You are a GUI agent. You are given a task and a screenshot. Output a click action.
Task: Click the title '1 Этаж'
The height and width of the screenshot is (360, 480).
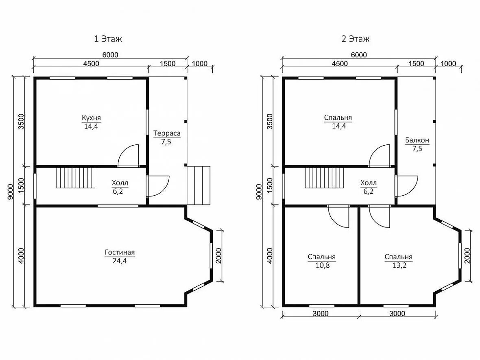tap(108, 39)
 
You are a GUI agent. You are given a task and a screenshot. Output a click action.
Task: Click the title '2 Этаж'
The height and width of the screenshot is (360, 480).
tap(356, 39)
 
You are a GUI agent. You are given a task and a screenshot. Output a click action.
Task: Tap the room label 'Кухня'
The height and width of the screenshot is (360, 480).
tap(91, 118)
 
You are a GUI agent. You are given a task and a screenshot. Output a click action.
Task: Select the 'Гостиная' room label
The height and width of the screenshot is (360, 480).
tap(120, 253)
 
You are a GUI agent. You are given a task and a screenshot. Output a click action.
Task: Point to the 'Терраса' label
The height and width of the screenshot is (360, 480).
tap(167, 133)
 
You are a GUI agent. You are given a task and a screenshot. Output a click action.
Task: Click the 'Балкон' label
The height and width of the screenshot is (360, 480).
tap(417, 140)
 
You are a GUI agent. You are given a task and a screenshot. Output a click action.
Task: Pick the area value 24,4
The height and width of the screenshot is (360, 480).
tap(120, 261)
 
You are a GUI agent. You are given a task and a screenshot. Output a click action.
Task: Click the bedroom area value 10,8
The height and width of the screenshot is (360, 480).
tap(323, 265)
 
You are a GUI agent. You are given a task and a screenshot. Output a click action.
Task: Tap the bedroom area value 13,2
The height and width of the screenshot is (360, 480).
tap(399, 265)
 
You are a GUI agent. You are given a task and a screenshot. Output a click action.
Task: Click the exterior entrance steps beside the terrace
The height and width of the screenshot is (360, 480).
tap(199, 185)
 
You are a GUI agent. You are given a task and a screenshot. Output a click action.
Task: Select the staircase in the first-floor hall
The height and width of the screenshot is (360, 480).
tap(76, 178)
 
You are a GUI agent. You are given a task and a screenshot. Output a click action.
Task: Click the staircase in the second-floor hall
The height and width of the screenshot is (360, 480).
tap(324, 178)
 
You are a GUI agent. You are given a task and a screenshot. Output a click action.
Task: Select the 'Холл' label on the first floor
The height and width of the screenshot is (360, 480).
tap(120, 183)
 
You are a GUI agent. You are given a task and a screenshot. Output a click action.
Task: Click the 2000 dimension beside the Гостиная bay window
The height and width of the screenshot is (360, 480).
tap(218, 255)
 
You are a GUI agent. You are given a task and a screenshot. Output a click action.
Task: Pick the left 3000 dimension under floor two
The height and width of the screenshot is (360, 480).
tap(321, 314)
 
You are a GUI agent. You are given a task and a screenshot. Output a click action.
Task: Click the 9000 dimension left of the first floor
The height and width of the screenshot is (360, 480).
tap(11, 192)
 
